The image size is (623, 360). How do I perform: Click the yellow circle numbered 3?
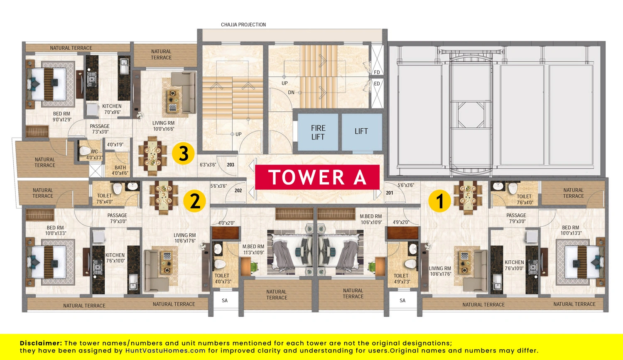click(x=183, y=154)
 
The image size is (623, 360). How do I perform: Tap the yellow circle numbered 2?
click(x=194, y=201)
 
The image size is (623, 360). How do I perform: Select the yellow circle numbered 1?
click(x=439, y=201)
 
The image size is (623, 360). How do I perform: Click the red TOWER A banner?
click(x=317, y=177)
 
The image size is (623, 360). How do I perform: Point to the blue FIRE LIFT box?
click(x=318, y=132)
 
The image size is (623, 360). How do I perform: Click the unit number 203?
click(x=231, y=164)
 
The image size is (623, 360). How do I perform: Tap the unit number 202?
click(x=238, y=191)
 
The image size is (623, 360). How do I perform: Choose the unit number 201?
click(x=390, y=193)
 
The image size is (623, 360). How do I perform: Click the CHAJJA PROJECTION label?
click(x=243, y=25)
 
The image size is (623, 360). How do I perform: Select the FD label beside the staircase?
click(x=377, y=72)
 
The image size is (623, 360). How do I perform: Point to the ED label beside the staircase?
click(x=377, y=84)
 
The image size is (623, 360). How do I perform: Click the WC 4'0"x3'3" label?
click(x=94, y=154)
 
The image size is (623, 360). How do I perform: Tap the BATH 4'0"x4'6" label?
click(x=120, y=170)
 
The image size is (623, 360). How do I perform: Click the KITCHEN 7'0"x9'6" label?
click(x=112, y=109)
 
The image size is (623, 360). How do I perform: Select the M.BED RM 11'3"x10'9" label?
click(x=253, y=250)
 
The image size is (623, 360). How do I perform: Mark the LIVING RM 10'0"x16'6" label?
click(x=164, y=126)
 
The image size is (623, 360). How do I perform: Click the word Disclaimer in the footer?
click(x=41, y=343)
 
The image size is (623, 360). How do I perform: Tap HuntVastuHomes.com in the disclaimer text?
click(x=165, y=350)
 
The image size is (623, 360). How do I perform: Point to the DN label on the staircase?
click(x=291, y=92)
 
